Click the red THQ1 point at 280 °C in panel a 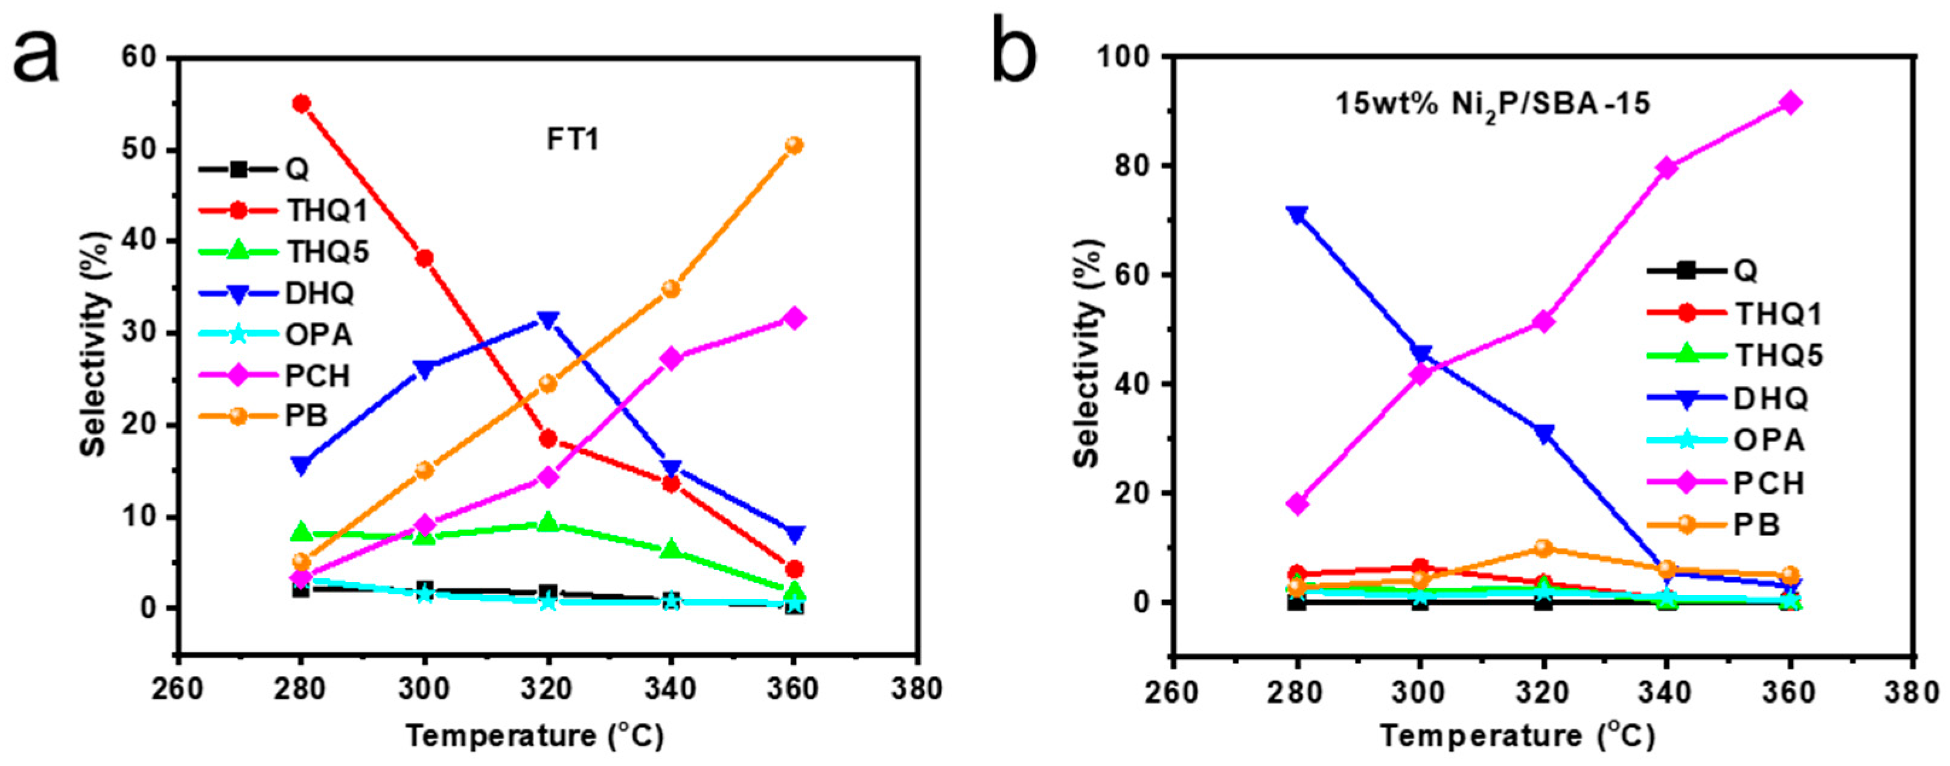click(301, 104)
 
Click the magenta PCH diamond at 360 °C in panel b click(1790, 103)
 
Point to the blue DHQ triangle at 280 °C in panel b click(1298, 215)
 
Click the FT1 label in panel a click(573, 141)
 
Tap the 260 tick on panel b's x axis click(1173, 692)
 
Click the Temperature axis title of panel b click(1518, 736)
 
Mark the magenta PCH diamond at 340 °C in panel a click(671, 358)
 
